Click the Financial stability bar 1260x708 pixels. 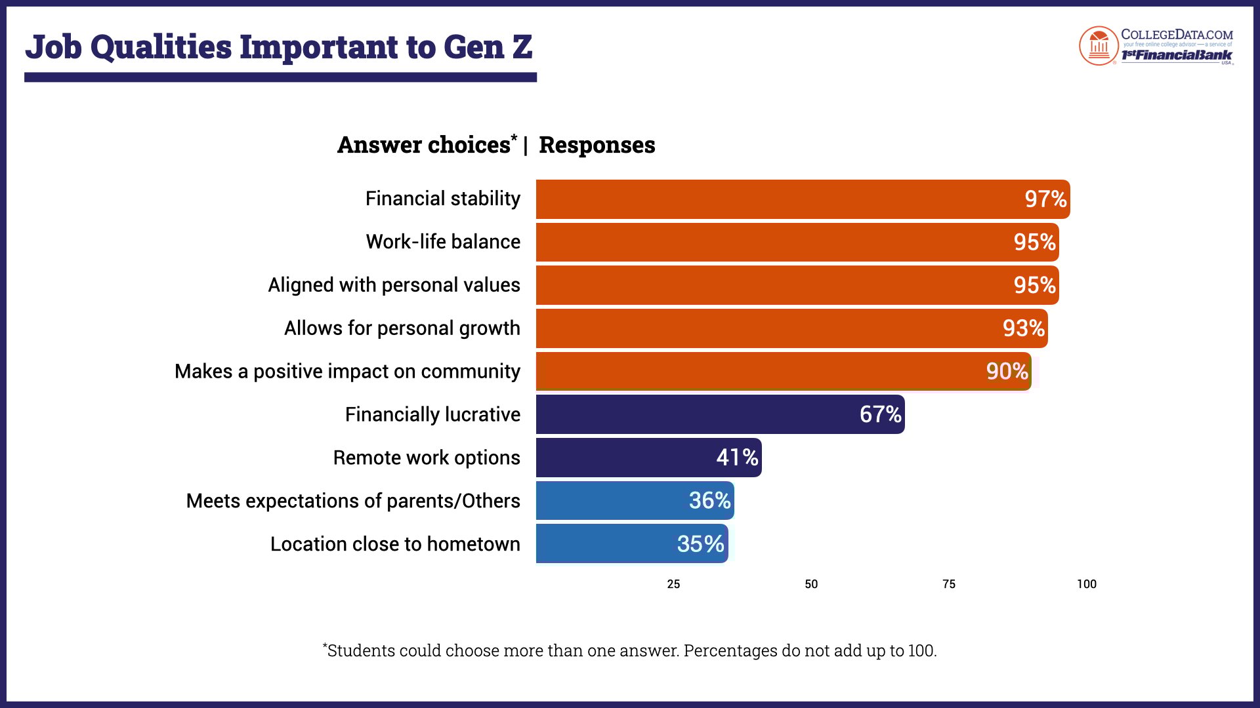(x=774, y=199)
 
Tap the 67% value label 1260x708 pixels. (x=880, y=414)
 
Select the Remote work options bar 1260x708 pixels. (x=623, y=458)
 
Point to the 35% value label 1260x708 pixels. (x=700, y=544)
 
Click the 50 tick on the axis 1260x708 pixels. (x=811, y=584)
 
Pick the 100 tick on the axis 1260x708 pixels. (x=1086, y=584)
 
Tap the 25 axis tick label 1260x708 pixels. (x=673, y=584)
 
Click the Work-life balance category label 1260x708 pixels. (x=443, y=242)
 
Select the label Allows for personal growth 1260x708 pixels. (x=402, y=328)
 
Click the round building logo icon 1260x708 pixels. (x=1098, y=46)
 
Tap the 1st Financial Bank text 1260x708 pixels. (x=1176, y=55)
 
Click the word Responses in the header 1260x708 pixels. (x=597, y=145)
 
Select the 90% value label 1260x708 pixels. (x=1007, y=372)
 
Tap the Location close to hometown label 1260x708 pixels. (x=395, y=544)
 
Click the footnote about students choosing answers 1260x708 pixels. (x=630, y=651)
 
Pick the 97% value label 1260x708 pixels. (x=1045, y=199)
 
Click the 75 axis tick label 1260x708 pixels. (x=949, y=584)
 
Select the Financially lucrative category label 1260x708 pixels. (x=432, y=415)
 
